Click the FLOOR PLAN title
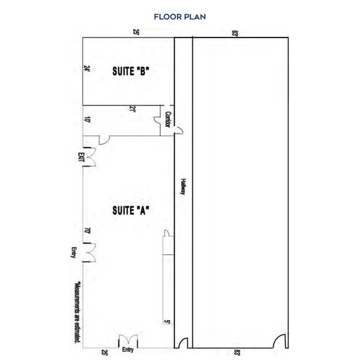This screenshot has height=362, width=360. click(179, 17)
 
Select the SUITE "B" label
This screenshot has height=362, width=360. click(131, 71)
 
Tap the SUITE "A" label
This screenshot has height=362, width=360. click(131, 211)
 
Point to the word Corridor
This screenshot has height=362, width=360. click(168, 119)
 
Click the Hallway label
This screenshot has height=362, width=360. click(183, 187)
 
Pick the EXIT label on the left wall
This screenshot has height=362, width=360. click(81, 157)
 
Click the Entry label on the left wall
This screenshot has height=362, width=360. click(74, 252)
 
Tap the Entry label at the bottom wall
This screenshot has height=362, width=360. click(128, 350)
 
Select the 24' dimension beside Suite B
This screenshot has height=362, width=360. click(87, 68)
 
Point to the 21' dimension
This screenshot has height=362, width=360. click(132, 109)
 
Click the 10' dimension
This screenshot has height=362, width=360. click(87, 119)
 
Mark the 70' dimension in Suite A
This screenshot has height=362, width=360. click(88, 230)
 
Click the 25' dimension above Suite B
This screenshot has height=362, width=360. click(136, 32)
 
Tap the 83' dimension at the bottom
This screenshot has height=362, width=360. click(237, 353)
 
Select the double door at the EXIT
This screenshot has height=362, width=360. click(89, 157)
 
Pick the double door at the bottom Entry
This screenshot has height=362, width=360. click(128, 341)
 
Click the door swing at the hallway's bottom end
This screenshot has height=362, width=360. click(182, 342)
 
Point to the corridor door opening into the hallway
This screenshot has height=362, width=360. click(179, 130)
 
